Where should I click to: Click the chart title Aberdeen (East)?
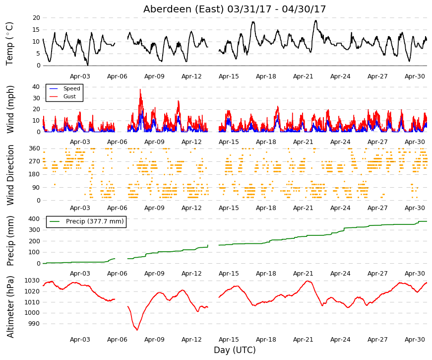point(184,9)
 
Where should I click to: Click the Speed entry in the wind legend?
point(71,88)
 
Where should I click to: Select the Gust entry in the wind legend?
point(69,96)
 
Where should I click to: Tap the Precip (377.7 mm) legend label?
point(95,221)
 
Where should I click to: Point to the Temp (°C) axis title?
point(9,44)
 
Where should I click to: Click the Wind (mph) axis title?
point(10,109)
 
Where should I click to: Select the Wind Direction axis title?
point(10,175)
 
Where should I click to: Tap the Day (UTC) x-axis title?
point(235,350)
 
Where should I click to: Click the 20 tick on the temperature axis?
point(36,18)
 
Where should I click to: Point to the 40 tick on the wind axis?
point(36,87)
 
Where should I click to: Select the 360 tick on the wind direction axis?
point(34,148)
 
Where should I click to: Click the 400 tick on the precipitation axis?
point(34,219)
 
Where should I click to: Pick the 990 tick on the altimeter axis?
point(34,324)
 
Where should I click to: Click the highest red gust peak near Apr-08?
point(140,89)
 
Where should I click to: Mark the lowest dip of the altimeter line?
point(137,330)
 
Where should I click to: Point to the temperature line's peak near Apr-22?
point(316,21)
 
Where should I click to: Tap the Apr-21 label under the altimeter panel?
point(303,340)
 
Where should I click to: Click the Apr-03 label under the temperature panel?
point(80,76)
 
